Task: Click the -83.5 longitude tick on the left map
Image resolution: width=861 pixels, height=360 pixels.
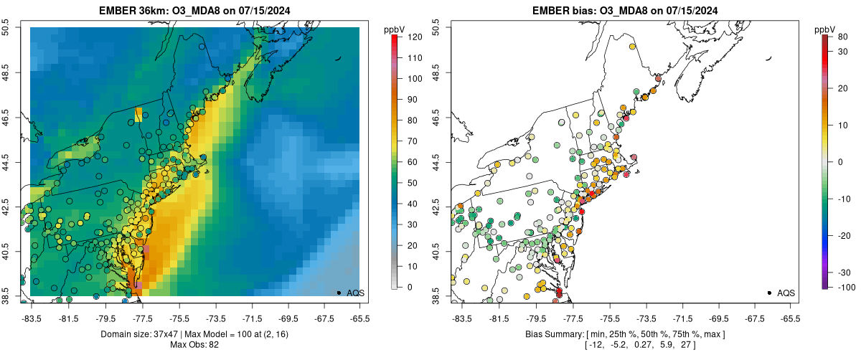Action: (x=31, y=318)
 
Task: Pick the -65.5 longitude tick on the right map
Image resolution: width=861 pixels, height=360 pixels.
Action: (x=789, y=318)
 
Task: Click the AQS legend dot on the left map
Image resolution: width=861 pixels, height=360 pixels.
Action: (x=338, y=293)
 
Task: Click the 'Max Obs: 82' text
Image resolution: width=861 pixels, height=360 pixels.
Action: (x=194, y=346)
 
